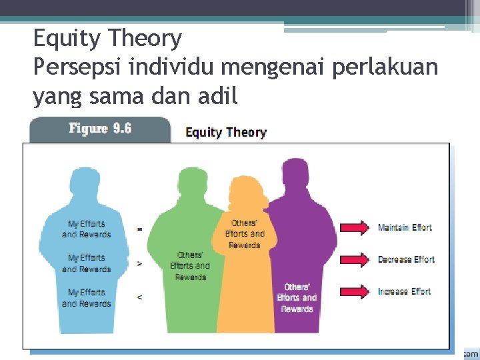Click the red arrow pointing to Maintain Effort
pos(354,228)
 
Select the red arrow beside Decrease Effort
pos(354,259)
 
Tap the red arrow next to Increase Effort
pos(354,291)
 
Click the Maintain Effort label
pos(405,228)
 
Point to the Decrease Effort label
pos(406,259)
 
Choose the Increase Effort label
pos(404,291)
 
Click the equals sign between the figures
pos(139,229)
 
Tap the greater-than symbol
pos(139,263)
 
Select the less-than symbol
pos(139,297)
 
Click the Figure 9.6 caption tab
pos(100,129)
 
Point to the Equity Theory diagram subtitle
pos(226,132)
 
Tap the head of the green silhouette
pos(195,182)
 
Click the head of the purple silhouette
pos(295,174)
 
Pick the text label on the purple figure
pos(297,298)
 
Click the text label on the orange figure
pos(245,234)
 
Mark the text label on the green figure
pos(191,266)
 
